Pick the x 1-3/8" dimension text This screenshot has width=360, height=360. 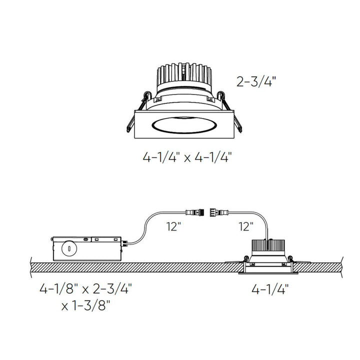pos(86,305)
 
